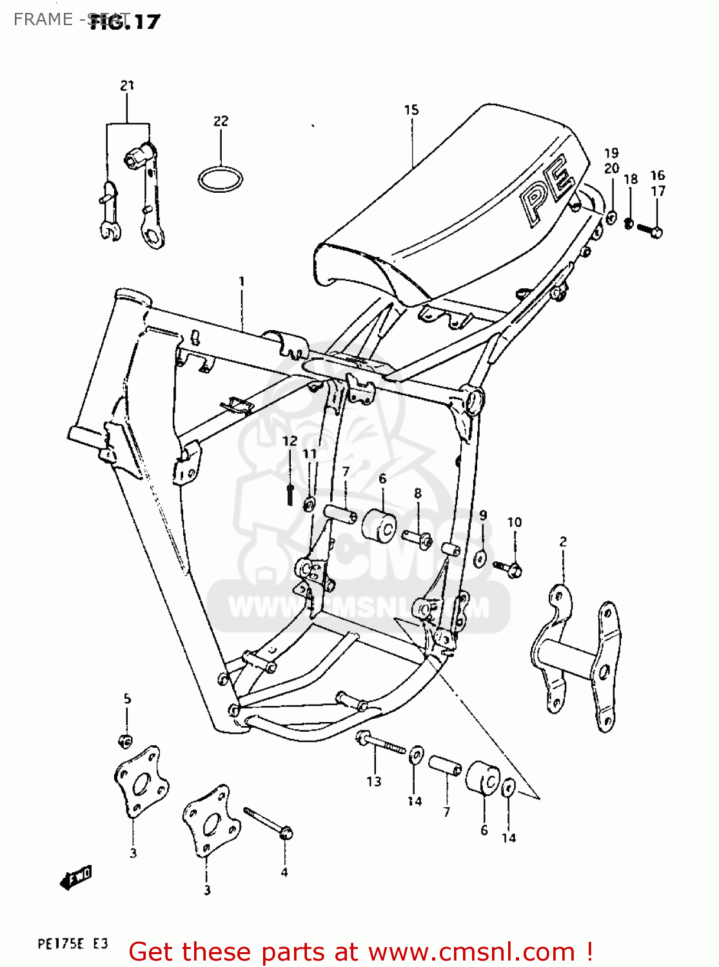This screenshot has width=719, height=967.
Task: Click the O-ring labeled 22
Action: (x=220, y=179)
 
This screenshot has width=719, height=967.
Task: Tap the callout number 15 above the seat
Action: (x=411, y=110)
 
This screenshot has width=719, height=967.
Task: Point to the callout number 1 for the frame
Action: (x=242, y=282)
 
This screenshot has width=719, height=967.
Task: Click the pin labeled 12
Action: (x=290, y=494)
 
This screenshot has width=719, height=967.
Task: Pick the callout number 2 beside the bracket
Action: (x=563, y=542)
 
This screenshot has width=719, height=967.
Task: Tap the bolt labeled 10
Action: (x=508, y=567)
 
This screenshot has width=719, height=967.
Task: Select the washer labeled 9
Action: (x=480, y=558)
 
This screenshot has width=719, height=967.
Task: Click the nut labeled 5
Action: (x=126, y=740)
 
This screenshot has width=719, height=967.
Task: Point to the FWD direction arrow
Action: (x=76, y=877)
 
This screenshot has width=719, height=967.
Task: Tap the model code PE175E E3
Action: (x=73, y=944)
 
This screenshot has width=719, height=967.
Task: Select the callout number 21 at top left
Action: (x=127, y=85)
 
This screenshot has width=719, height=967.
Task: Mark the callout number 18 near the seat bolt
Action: (x=631, y=179)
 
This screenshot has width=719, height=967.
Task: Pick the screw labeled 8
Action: (x=418, y=537)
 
